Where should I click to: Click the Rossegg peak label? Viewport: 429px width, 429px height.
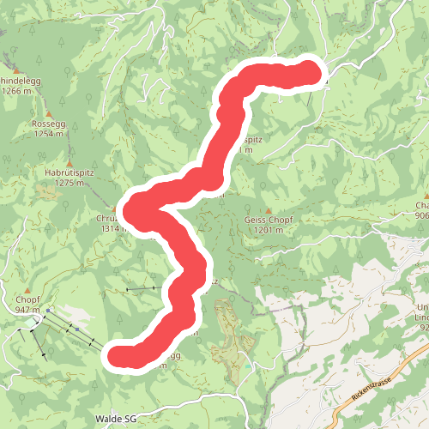coord(48,124)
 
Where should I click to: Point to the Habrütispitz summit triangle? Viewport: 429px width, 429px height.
coord(69,162)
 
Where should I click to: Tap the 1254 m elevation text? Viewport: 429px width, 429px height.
coord(48,134)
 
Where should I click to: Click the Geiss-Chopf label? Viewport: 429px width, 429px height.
coord(269,220)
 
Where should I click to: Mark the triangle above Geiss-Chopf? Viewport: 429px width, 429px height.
coord(269,210)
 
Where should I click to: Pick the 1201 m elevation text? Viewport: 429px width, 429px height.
coord(269,230)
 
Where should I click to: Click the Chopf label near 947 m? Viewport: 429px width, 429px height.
coord(27,299)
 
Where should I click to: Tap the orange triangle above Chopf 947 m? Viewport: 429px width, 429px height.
coord(27,289)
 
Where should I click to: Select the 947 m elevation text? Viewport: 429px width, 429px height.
coord(27,309)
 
